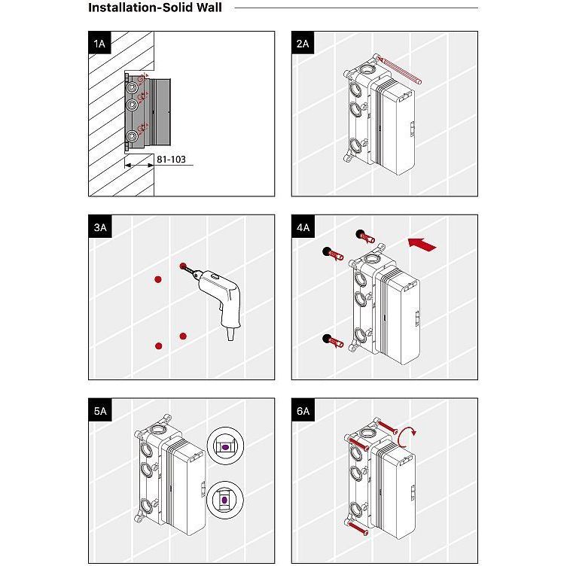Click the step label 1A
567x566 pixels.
click(99, 44)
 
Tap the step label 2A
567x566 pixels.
click(303, 44)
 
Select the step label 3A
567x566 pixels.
click(99, 227)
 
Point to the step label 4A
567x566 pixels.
click(303, 227)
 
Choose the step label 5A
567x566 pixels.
click(99, 411)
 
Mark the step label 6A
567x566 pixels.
click(303, 411)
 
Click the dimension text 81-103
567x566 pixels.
click(171, 160)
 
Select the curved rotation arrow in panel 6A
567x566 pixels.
click(407, 437)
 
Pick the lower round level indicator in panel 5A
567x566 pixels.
click(225, 498)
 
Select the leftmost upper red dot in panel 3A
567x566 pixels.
click(158, 279)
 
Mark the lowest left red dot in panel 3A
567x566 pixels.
click(158, 345)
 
